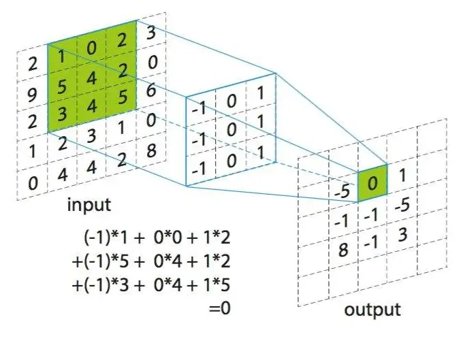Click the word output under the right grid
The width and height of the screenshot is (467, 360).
[x=372, y=310]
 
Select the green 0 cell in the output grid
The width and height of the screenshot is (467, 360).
[x=372, y=182]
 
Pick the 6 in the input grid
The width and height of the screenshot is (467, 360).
[x=152, y=90]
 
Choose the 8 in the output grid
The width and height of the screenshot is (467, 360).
[x=343, y=250]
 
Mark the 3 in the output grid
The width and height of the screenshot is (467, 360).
[x=402, y=234]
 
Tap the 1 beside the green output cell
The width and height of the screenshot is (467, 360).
[x=402, y=176]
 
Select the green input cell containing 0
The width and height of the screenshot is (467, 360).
[x=91, y=50]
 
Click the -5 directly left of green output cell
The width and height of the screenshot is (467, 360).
[x=343, y=191]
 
